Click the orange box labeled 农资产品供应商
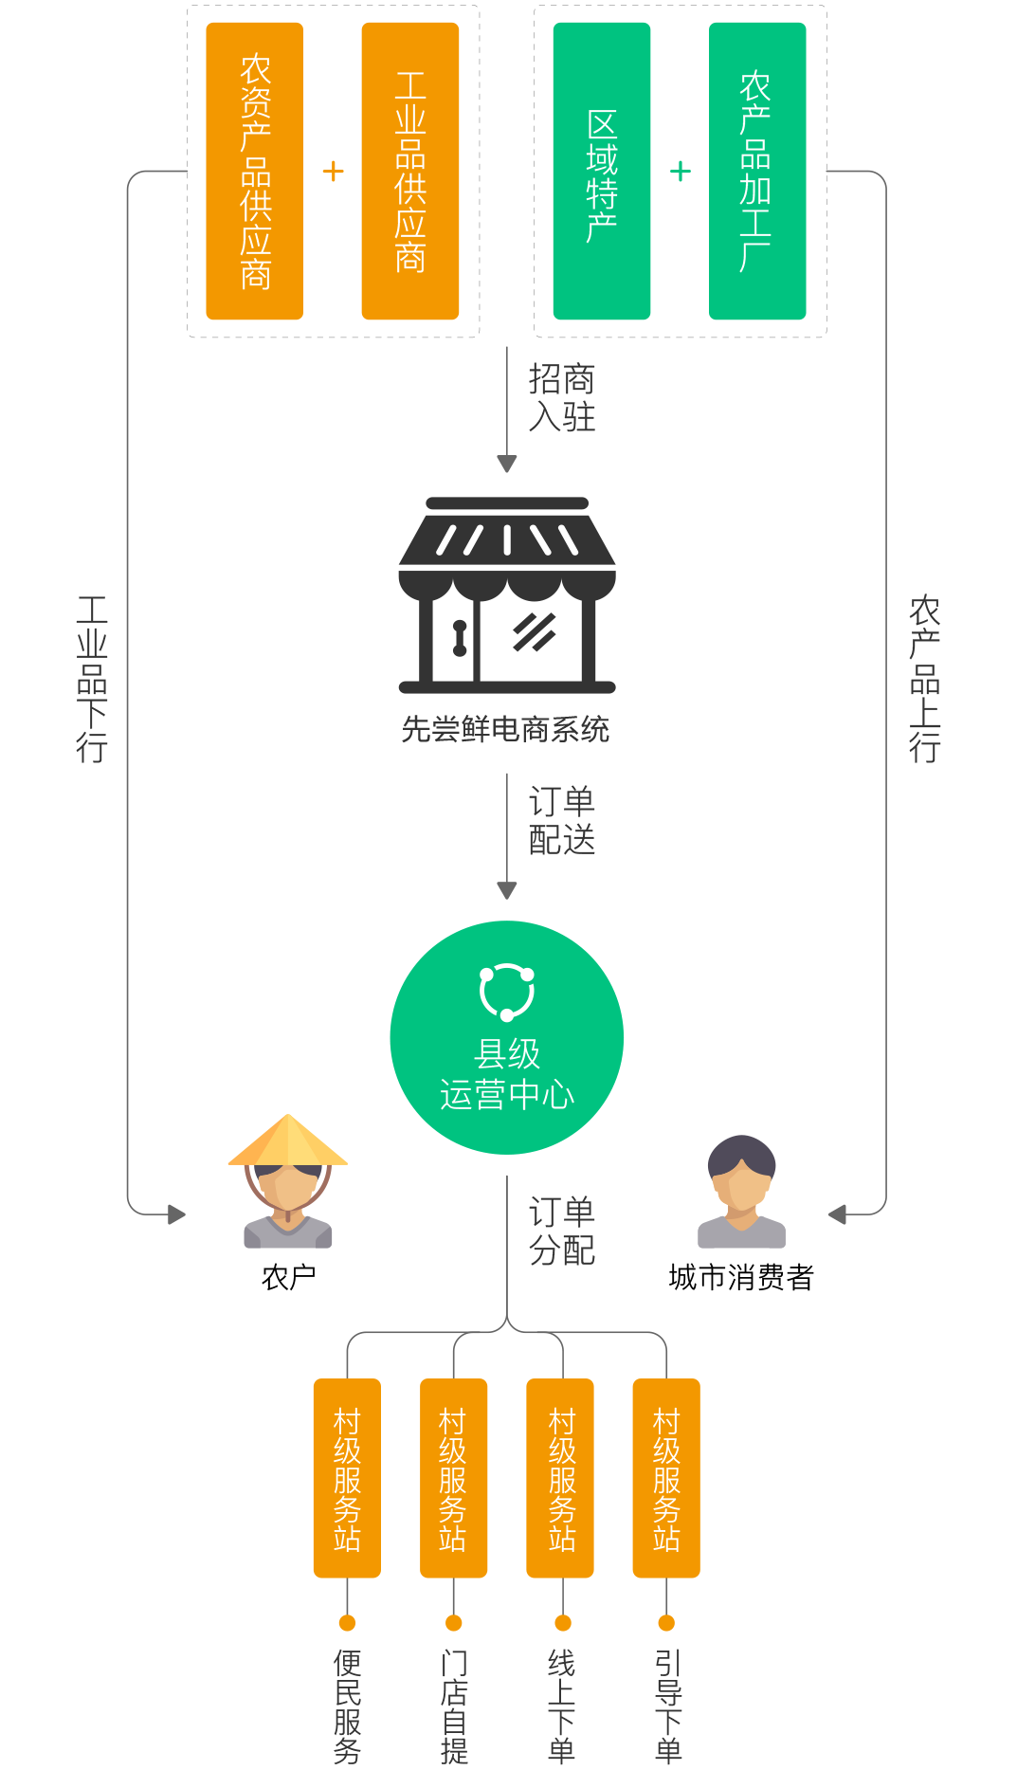254,171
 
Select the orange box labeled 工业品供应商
410,171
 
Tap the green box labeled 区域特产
602,171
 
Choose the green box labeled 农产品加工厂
757,171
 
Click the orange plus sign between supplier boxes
333,172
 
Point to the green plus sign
681,172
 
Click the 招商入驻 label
561,398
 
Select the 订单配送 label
561,821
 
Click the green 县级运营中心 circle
507,1037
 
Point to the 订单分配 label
561,1232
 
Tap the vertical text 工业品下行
92,679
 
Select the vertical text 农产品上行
924,679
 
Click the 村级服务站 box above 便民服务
347,1477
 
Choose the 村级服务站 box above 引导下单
666,1477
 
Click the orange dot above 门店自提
454,1623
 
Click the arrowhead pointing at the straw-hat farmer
176,1213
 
